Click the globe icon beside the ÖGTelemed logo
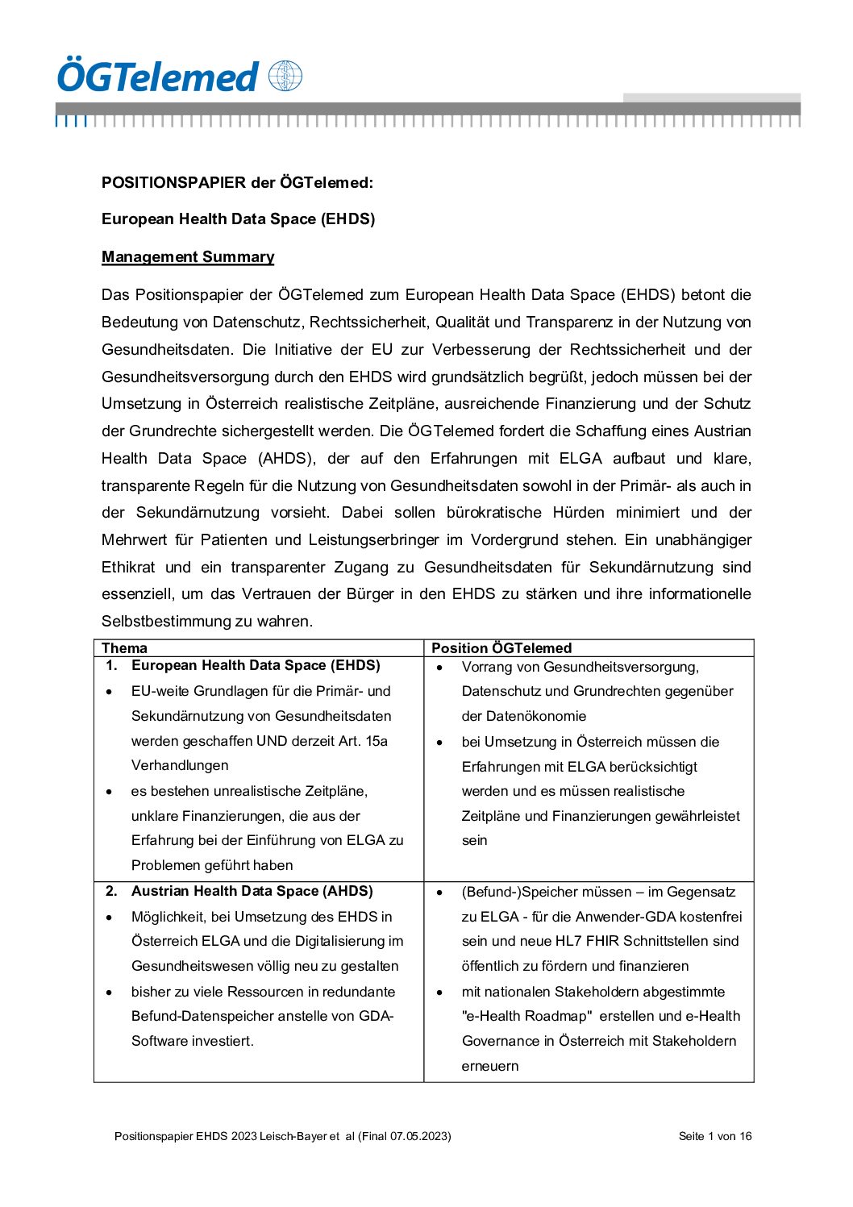[285, 76]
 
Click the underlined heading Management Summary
[188, 256]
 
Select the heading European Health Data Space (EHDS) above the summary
[238, 219]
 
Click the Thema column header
[124, 647]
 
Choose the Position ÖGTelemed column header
[501, 647]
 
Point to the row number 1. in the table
[111, 665]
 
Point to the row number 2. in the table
[111, 891]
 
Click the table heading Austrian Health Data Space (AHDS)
[252, 891]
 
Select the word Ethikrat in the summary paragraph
[128, 567]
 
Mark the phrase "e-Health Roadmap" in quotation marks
[526, 1016]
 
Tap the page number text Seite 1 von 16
[715, 1136]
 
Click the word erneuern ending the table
[490, 1066]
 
